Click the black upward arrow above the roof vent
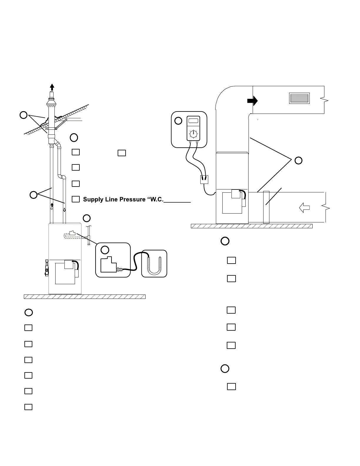pos(52,87)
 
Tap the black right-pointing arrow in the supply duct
pos(252,101)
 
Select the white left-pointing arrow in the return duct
pos(305,208)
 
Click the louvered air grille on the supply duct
pos(299,98)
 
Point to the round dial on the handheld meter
pos(193,134)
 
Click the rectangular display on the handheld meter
pos(193,120)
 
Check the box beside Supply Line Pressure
pos(76,199)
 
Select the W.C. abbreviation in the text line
pos(155,199)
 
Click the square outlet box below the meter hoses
pos(204,179)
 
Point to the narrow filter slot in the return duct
pos(266,207)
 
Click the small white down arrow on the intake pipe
pos(64,210)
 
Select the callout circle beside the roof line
pos(24,115)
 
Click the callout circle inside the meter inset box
pos(178,121)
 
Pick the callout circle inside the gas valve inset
pos(105,250)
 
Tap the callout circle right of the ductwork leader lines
pos(298,160)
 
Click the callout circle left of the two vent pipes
pos(33,194)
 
